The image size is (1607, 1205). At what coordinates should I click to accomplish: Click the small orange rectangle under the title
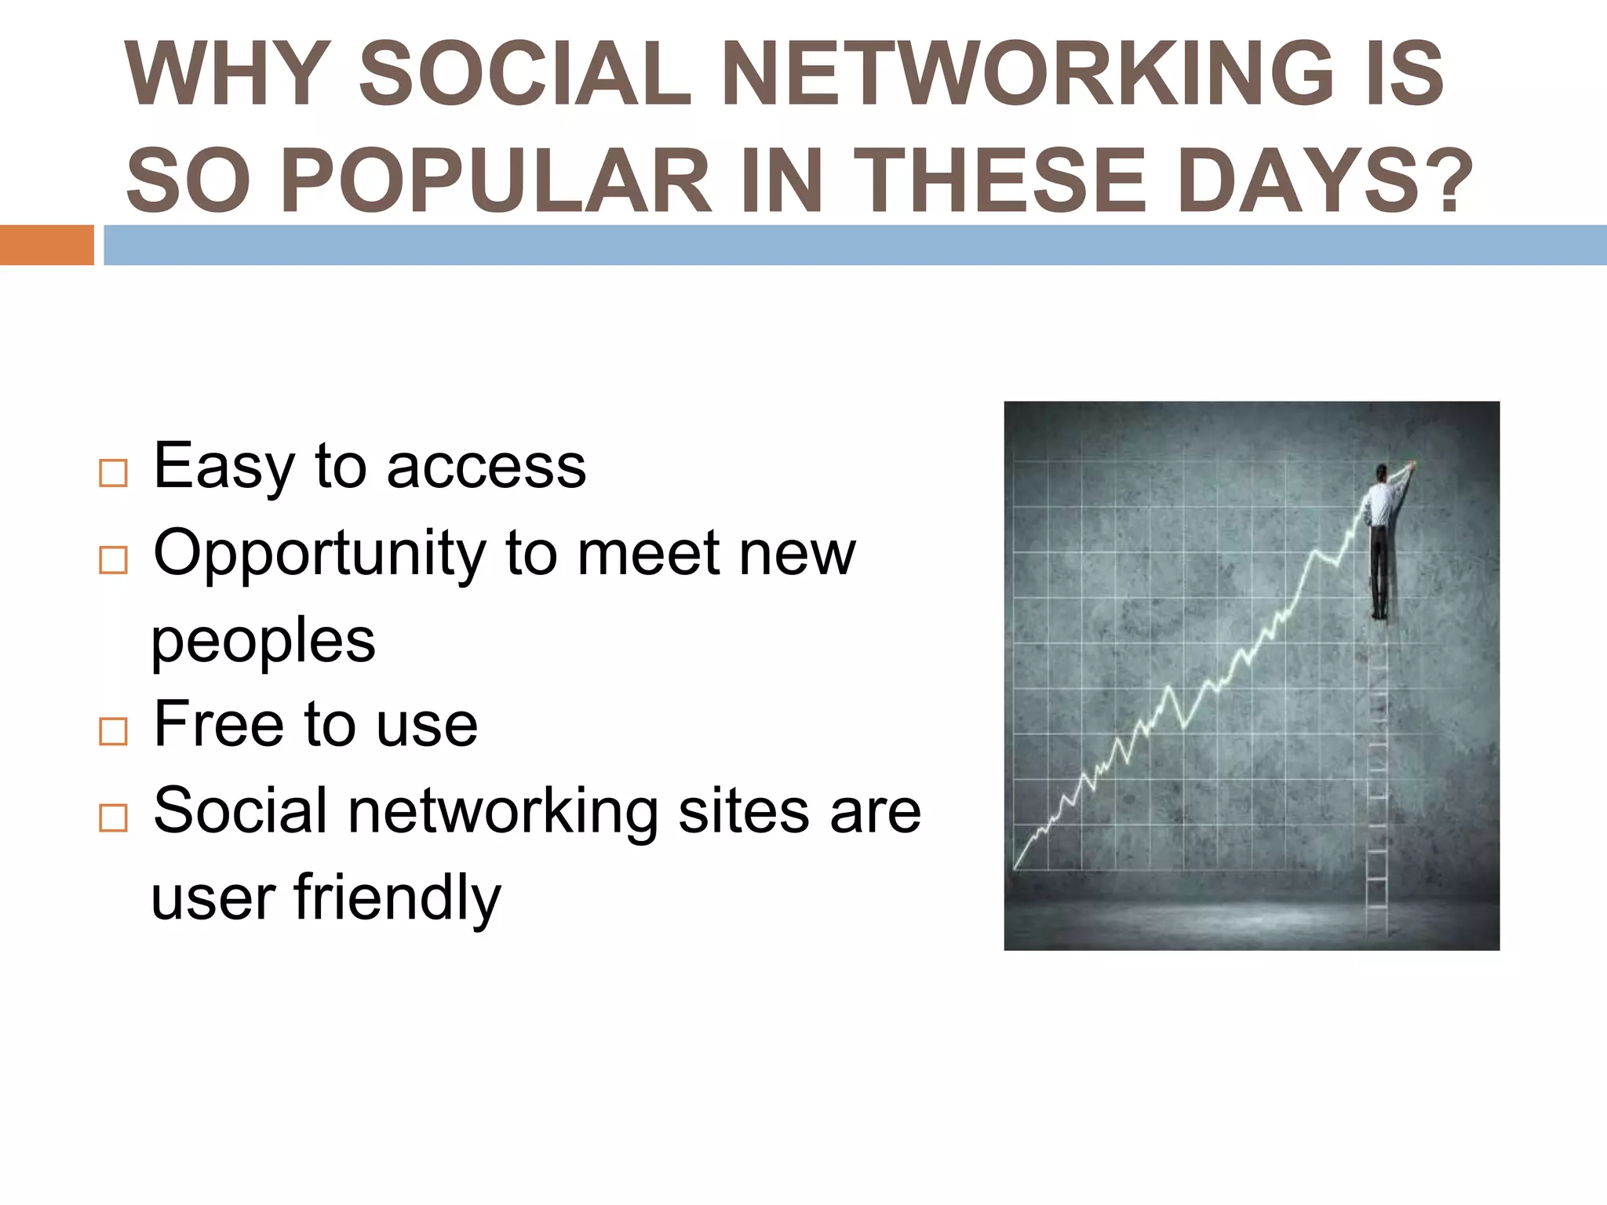click(x=46, y=245)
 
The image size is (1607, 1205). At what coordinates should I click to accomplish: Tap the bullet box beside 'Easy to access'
click(x=113, y=473)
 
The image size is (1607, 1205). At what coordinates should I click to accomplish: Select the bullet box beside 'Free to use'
click(x=113, y=731)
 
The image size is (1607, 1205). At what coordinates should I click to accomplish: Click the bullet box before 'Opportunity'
click(x=113, y=559)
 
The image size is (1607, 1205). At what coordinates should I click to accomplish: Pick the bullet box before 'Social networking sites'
click(x=113, y=817)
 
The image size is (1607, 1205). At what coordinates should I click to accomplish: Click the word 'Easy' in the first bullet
click(x=223, y=468)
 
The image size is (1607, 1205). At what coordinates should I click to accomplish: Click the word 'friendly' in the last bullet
click(x=396, y=898)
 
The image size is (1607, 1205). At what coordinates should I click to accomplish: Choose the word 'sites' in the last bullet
click(x=744, y=811)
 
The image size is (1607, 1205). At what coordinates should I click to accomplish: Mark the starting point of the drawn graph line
click(x=1016, y=868)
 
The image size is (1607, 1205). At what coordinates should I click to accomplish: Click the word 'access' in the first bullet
click(x=486, y=468)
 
